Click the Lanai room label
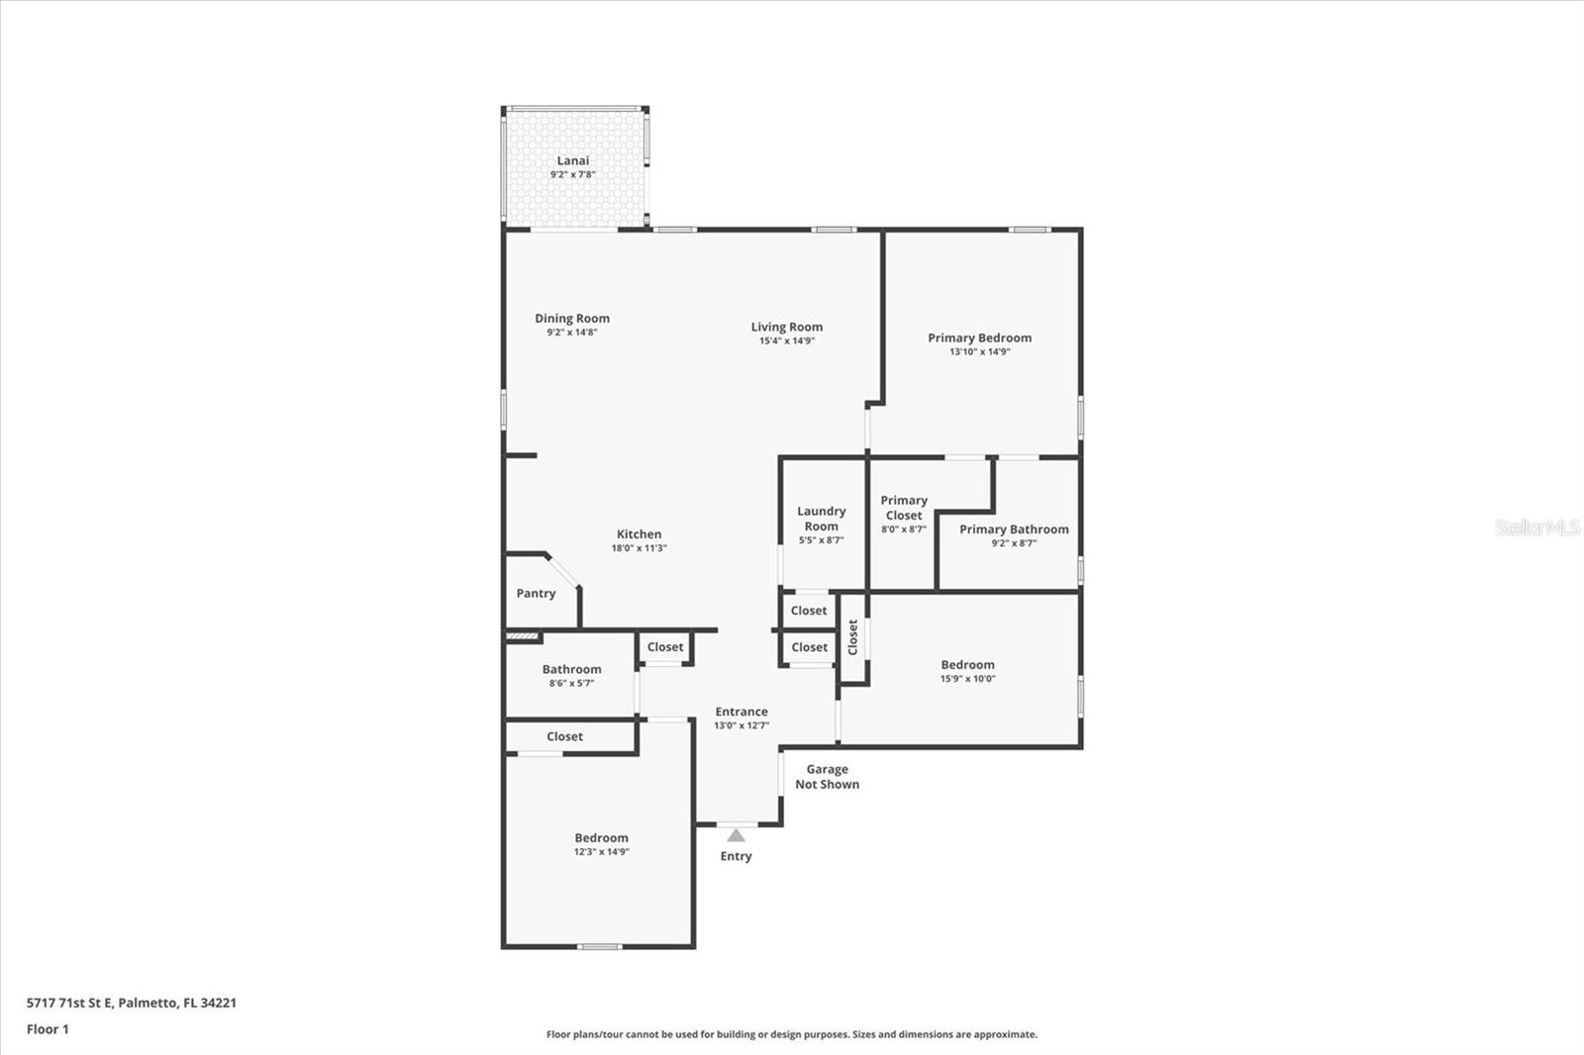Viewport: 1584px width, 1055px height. (x=572, y=160)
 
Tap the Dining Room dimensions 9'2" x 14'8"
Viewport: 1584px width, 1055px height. (x=572, y=333)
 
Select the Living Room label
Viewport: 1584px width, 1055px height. (x=786, y=327)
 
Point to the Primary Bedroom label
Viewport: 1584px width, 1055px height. (x=979, y=337)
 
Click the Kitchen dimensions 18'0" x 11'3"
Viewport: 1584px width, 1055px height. (x=639, y=548)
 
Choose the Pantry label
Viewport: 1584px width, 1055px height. (x=536, y=594)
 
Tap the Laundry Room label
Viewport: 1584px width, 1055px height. (x=821, y=519)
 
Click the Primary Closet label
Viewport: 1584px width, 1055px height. (x=903, y=508)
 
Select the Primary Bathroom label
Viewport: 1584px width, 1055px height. (x=1014, y=529)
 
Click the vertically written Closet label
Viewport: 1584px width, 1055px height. (x=852, y=637)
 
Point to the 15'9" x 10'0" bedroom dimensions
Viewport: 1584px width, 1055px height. (x=967, y=679)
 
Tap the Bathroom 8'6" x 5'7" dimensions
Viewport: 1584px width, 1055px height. (x=571, y=683)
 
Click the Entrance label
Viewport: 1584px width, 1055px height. (x=742, y=712)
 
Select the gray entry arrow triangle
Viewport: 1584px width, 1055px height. (x=736, y=835)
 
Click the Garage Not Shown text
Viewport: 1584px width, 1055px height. (x=827, y=777)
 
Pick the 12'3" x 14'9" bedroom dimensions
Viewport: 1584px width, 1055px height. (x=601, y=852)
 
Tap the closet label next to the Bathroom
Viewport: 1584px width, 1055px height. (x=665, y=647)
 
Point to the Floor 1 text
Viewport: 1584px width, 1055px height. (x=48, y=1029)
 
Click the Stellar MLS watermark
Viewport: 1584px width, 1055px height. (x=1536, y=527)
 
